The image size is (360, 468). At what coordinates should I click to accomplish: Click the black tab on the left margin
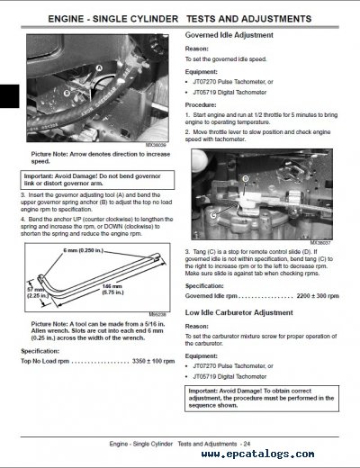(6, 93)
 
